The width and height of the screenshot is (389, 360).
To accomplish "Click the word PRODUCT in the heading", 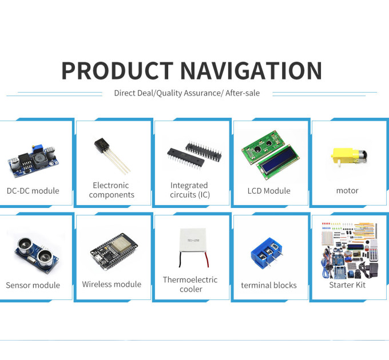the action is (118, 71).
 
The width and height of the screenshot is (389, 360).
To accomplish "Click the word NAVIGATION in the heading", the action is (251, 71).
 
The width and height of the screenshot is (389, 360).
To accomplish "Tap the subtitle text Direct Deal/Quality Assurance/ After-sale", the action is (187, 93).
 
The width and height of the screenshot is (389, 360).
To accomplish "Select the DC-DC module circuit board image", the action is (33, 161).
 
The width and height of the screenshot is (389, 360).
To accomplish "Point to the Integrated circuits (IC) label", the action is (190, 190).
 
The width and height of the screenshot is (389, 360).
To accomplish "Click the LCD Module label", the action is (269, 191).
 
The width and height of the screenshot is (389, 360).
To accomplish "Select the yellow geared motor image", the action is (348, 157).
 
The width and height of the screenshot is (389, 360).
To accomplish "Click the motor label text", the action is (347, 191).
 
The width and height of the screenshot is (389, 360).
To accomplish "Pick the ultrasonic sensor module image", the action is (37, 255).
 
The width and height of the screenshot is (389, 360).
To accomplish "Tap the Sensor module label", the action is (33, 285).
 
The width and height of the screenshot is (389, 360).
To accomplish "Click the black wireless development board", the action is (113, 251).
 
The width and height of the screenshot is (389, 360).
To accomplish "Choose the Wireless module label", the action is (112, 284).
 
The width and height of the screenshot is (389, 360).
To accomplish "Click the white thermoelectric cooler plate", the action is (193, 239).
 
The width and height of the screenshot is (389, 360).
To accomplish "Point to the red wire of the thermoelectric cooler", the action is (207, 259).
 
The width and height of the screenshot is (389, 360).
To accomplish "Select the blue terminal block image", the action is (267, 252).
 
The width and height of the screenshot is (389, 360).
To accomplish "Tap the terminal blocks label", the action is (269, 285).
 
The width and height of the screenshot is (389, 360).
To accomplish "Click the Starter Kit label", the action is (347, 285).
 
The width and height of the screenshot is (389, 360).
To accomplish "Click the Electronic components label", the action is (112, 190).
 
